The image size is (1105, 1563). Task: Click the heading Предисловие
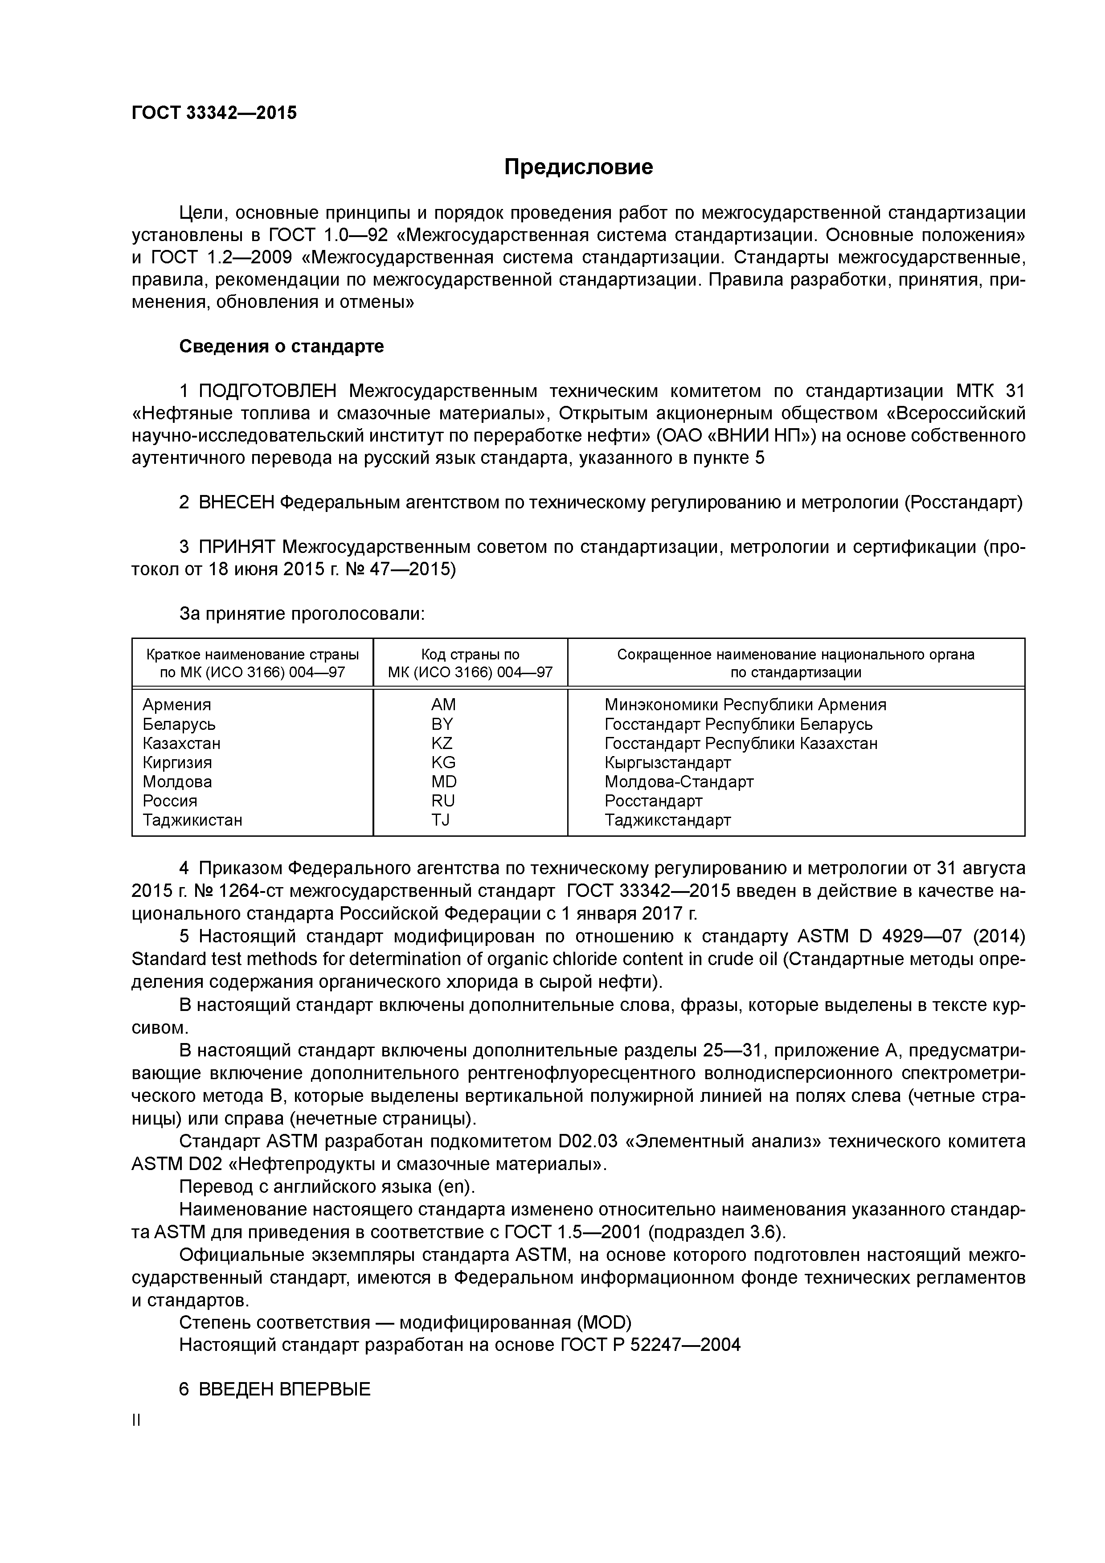coord(578,167)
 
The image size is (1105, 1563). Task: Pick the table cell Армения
coord(177,705)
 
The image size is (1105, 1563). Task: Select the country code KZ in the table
coord(442,743)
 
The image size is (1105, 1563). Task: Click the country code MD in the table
coord(444,781)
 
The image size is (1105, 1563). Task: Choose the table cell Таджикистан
coord(192,820)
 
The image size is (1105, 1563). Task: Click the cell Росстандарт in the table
coord(653,801)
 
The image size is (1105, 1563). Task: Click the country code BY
coord(442,724)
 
